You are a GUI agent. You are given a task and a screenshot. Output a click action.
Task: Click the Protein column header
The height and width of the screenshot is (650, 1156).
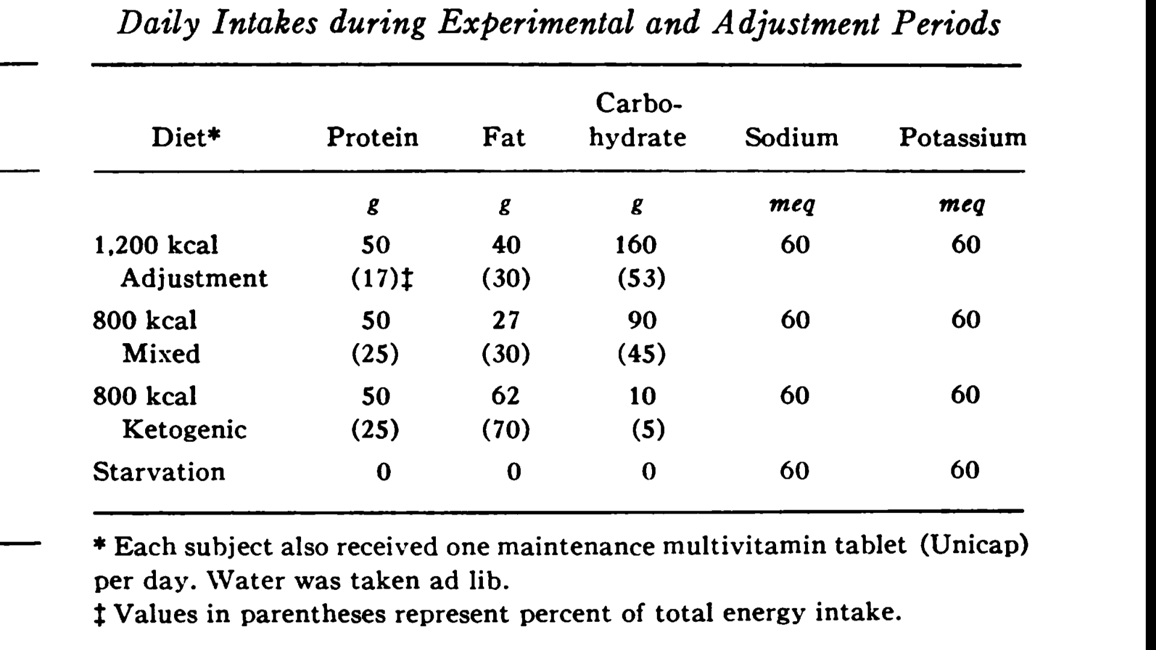372,137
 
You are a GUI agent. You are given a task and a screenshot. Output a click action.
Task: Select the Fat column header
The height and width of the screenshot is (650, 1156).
503,137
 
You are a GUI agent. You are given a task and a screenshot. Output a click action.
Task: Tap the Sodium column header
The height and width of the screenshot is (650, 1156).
791,137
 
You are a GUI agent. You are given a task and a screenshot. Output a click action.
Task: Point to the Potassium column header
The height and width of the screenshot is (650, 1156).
963,137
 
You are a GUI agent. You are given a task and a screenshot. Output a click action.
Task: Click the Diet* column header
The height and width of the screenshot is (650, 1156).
186,137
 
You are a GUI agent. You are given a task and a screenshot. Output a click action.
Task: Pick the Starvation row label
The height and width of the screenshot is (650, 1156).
159,471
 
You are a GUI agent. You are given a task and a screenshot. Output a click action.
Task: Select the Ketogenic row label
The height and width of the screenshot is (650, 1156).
184,430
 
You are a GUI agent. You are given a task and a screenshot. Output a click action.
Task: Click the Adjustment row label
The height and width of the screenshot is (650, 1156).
194,278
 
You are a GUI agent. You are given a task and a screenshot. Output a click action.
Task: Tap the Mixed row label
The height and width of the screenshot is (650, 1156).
161,353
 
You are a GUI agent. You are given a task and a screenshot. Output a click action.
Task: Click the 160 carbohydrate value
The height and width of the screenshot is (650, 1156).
636,245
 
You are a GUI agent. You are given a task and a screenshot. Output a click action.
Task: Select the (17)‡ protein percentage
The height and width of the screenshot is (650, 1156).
382,279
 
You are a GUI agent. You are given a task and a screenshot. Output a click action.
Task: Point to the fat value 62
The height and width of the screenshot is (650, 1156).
505,395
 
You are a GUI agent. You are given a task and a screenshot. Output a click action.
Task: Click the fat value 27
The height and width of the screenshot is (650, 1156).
505,320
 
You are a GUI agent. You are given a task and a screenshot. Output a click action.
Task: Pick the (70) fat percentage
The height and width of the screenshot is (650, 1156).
506,430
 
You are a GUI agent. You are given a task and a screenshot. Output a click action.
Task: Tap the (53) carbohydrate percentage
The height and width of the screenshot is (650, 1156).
642,279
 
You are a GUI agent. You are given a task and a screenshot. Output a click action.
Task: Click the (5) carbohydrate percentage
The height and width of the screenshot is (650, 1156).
648,430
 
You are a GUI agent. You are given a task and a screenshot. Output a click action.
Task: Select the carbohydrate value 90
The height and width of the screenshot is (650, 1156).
642,320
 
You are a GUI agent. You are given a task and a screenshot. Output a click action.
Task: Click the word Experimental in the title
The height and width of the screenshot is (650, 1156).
536,24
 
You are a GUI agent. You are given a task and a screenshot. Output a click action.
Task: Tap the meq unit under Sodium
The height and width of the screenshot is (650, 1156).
792,205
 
